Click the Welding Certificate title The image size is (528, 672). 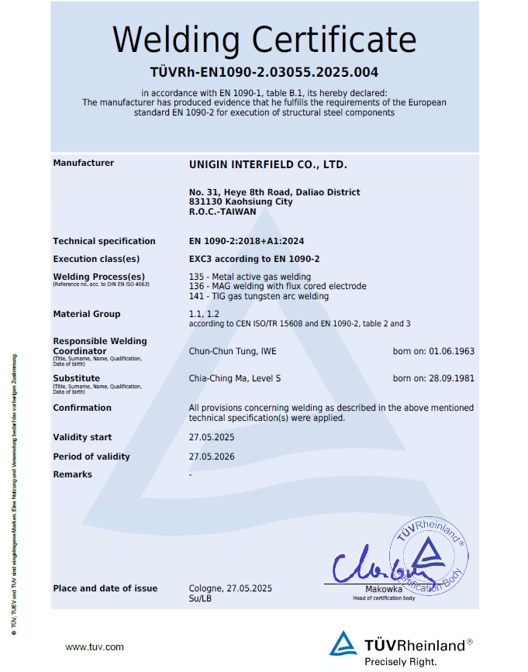[264, 40]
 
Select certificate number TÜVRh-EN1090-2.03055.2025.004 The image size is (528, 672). [264, 73]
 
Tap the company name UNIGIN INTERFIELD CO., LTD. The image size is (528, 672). [267, 164]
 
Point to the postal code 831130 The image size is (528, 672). [204, 202]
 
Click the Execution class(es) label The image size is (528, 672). [96, 259]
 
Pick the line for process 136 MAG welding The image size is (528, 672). [278, 286]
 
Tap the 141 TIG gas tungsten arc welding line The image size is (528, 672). [258, 296]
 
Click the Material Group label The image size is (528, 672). [86, 314]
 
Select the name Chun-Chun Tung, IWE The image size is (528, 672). [233, 351]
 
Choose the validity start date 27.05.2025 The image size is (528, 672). [212, 437]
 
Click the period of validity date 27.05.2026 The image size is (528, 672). [212, 457]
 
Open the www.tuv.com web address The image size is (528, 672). [95, 646]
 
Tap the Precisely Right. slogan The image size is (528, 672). [401, 661]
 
